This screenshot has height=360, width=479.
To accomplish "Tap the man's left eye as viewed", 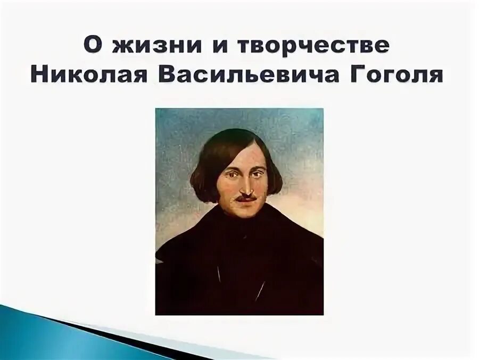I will coord(230,173).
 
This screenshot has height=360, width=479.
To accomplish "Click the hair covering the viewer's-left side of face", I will coord(205,170).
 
